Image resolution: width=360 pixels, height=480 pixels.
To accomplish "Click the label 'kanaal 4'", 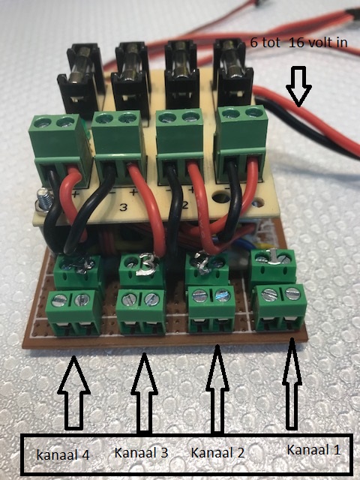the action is (63, 454).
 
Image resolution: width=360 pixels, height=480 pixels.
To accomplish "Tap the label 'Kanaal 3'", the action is (141, 453).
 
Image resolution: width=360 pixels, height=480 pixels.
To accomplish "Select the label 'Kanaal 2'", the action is (217, 452).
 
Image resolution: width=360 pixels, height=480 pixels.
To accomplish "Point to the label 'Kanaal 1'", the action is (313, 450).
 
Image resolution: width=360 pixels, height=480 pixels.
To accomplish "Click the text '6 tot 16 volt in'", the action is (298, 42).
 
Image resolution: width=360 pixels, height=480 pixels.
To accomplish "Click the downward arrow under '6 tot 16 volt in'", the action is (298, 86).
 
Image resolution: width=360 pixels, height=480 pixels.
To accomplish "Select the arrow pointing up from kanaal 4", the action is (73, 392).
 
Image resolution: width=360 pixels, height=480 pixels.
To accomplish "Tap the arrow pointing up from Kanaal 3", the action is (145, 393).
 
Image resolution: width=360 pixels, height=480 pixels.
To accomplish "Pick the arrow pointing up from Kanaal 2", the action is (217, 389).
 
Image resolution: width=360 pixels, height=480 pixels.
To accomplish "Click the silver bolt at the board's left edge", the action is (43, 200).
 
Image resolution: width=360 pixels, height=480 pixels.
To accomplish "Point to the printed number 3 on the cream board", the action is (123, 207).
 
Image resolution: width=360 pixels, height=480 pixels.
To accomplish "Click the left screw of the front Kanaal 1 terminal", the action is (268, 295).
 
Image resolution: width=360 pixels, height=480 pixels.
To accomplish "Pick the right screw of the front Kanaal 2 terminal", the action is (222, 295).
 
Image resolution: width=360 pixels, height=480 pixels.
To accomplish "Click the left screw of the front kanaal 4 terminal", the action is (58, 300).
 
